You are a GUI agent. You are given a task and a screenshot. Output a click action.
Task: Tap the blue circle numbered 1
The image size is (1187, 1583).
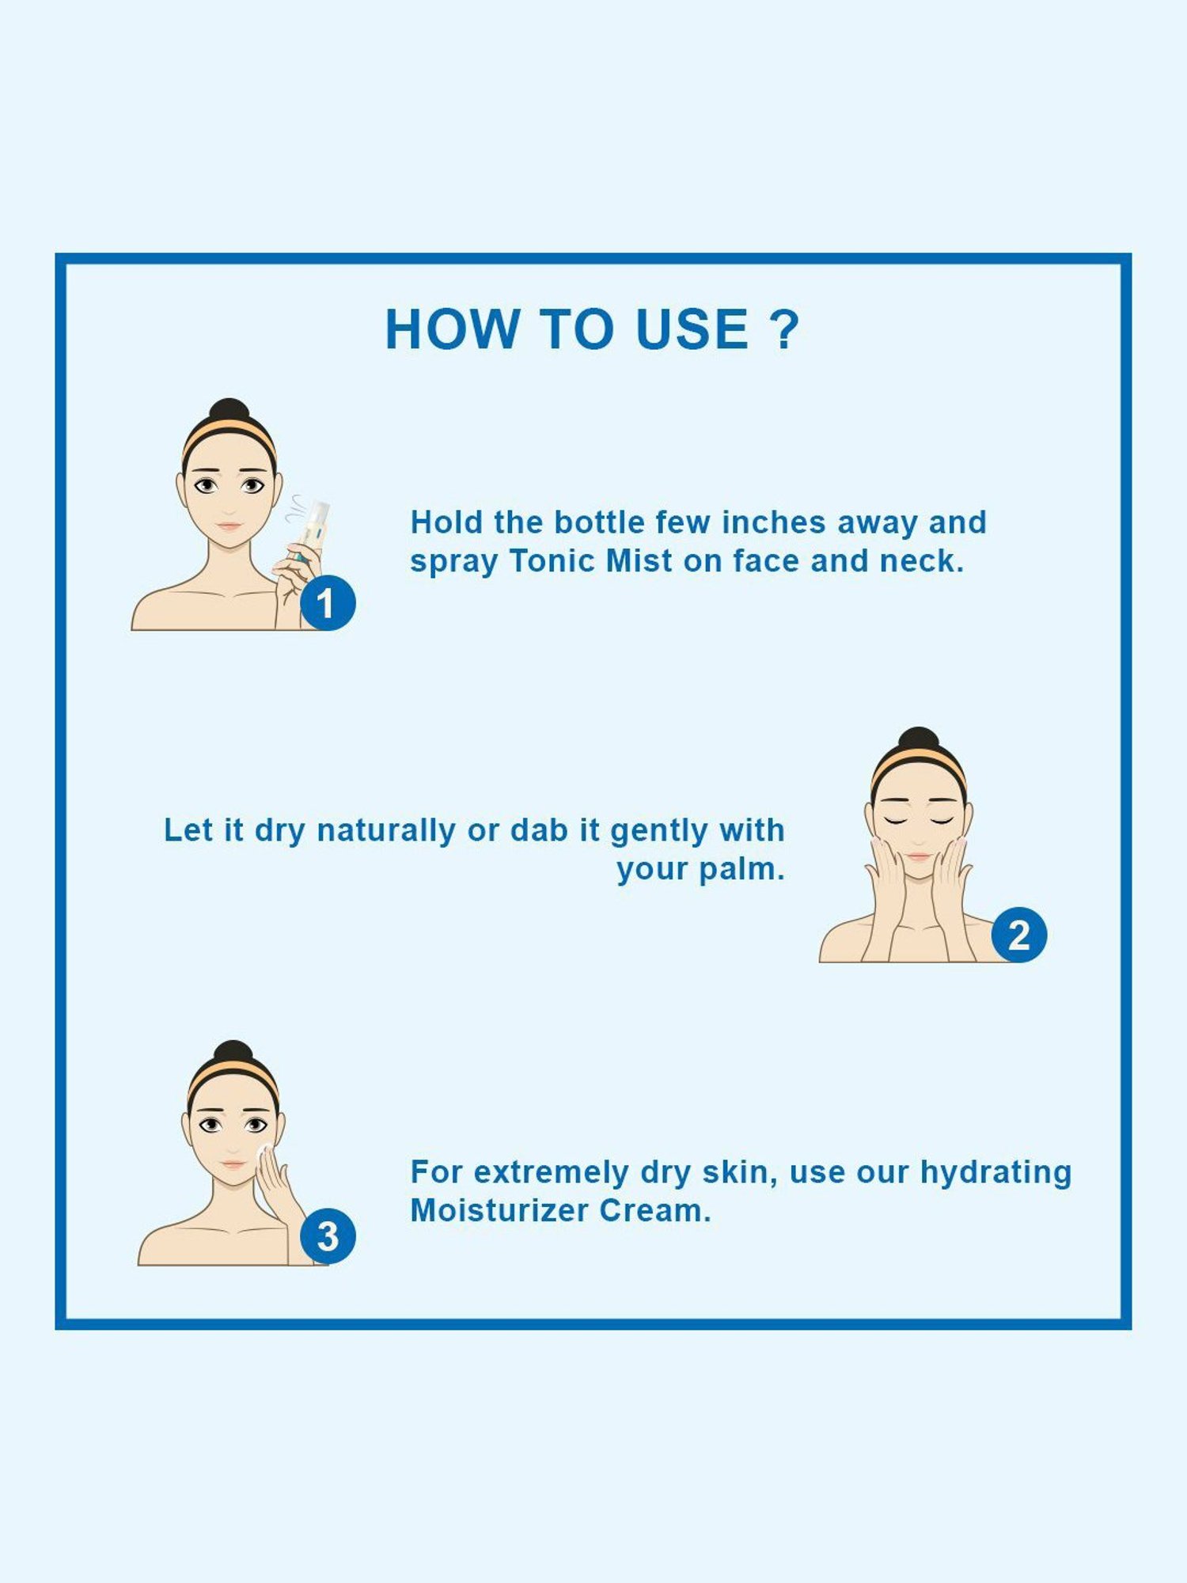tap(328, 603)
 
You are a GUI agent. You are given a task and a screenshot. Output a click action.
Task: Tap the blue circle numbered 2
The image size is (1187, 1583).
tap(1019, 935)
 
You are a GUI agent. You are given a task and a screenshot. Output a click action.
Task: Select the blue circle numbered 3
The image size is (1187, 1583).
tap(328, 1236)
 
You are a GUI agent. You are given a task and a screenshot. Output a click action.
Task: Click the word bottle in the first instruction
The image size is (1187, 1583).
tap(598, 522)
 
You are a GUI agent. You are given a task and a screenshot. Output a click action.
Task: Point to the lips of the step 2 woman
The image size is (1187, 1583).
tap(919, 856)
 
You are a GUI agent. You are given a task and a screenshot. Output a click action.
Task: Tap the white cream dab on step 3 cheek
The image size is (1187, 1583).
tap(263, 1148)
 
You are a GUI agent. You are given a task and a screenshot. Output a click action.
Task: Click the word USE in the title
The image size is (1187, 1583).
tap(692, 329)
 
